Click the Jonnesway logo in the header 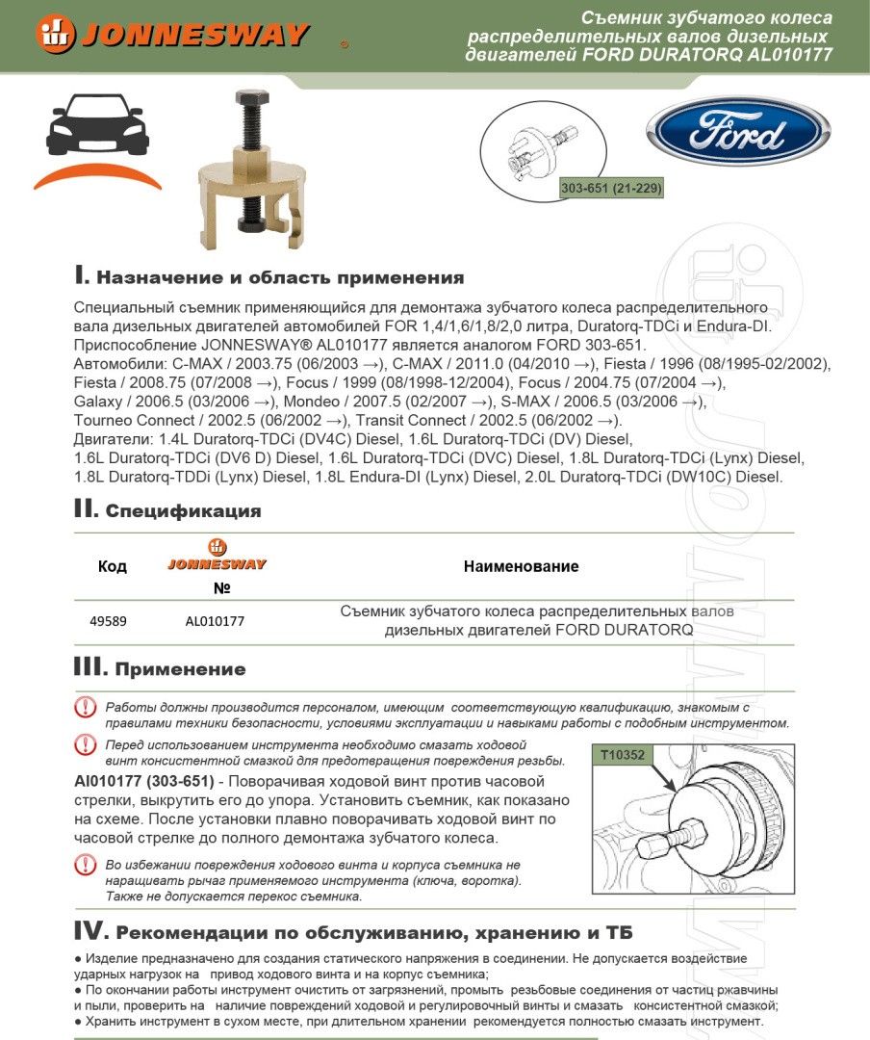(x=173, y=35)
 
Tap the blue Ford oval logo (x=737, y=130)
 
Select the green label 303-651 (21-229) (x=611, y=189)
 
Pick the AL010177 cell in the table (x=215, y=621)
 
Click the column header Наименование (x=521, y=566)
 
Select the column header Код (x=113, y=566)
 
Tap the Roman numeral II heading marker (x=86, y=508)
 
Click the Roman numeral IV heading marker (x=90, y=931)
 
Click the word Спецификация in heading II (x=183, y=511)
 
